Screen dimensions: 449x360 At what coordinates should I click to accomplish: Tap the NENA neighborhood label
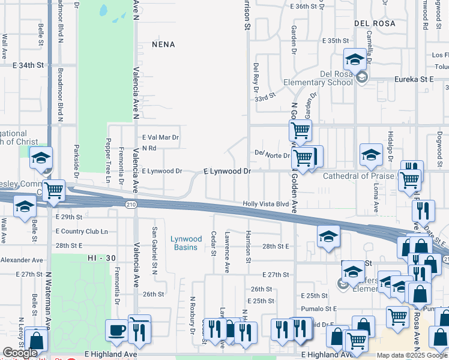point(163,44)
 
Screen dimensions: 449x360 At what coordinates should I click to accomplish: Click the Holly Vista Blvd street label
point(266,204)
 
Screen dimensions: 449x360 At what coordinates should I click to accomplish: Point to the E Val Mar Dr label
point(160,137)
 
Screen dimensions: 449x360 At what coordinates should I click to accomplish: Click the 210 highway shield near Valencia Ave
point(131,205)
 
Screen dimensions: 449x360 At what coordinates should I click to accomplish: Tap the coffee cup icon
point(115,330)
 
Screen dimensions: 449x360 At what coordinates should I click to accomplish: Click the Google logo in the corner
point(20,353)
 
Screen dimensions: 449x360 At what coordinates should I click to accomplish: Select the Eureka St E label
point(414,79)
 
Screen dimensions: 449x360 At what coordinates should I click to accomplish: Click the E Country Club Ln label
point(81,231)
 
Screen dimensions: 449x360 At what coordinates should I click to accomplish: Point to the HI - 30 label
point(100,257)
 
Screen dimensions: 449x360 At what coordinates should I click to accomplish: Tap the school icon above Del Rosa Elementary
point(355,59)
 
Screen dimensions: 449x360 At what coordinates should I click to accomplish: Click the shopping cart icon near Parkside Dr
point(54,190)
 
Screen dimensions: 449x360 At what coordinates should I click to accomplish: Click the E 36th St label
point(303,6)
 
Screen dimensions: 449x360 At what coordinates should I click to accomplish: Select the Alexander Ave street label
point(22,260)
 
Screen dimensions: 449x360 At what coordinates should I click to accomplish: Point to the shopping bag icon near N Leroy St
point(37,340)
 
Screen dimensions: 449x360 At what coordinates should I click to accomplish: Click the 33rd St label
point(265,96)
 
